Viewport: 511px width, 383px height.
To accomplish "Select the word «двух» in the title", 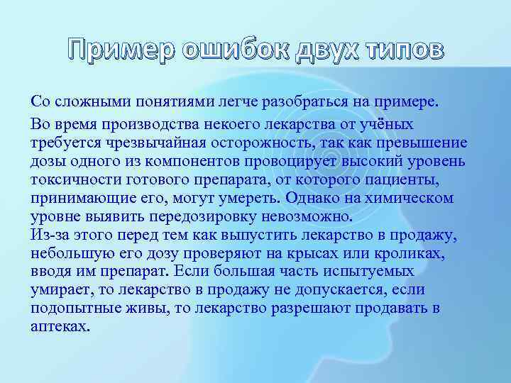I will point(327,52).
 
